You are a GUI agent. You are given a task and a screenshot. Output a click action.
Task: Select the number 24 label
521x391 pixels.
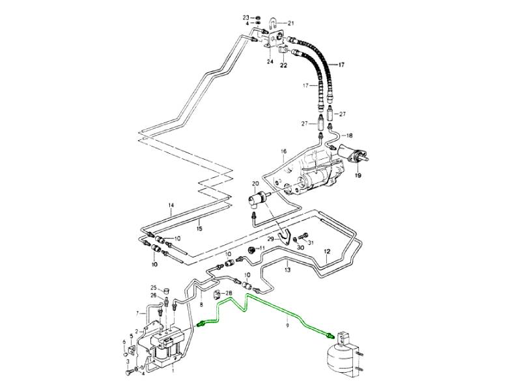tap(269, 61)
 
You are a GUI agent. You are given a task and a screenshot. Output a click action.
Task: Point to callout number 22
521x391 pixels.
tap(284, 65)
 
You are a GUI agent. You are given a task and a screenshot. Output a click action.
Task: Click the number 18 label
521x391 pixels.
tap(349, 136)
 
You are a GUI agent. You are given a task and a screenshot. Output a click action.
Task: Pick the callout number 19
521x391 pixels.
tap(357, 176)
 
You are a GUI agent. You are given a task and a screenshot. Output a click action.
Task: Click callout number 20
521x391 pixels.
tap(255, 184)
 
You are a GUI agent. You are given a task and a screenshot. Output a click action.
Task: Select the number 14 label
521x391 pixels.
tap(171, 206)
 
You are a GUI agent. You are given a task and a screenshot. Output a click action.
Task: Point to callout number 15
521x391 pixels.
tap(199, 228)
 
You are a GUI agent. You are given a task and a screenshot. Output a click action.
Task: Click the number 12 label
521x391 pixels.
tap(328, 251)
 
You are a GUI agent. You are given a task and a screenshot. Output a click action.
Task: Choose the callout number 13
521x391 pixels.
tap(287, 267)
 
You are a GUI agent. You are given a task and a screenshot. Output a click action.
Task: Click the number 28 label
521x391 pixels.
tap(229, 293)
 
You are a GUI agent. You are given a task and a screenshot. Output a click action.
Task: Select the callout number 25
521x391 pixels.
tap(154, 287)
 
